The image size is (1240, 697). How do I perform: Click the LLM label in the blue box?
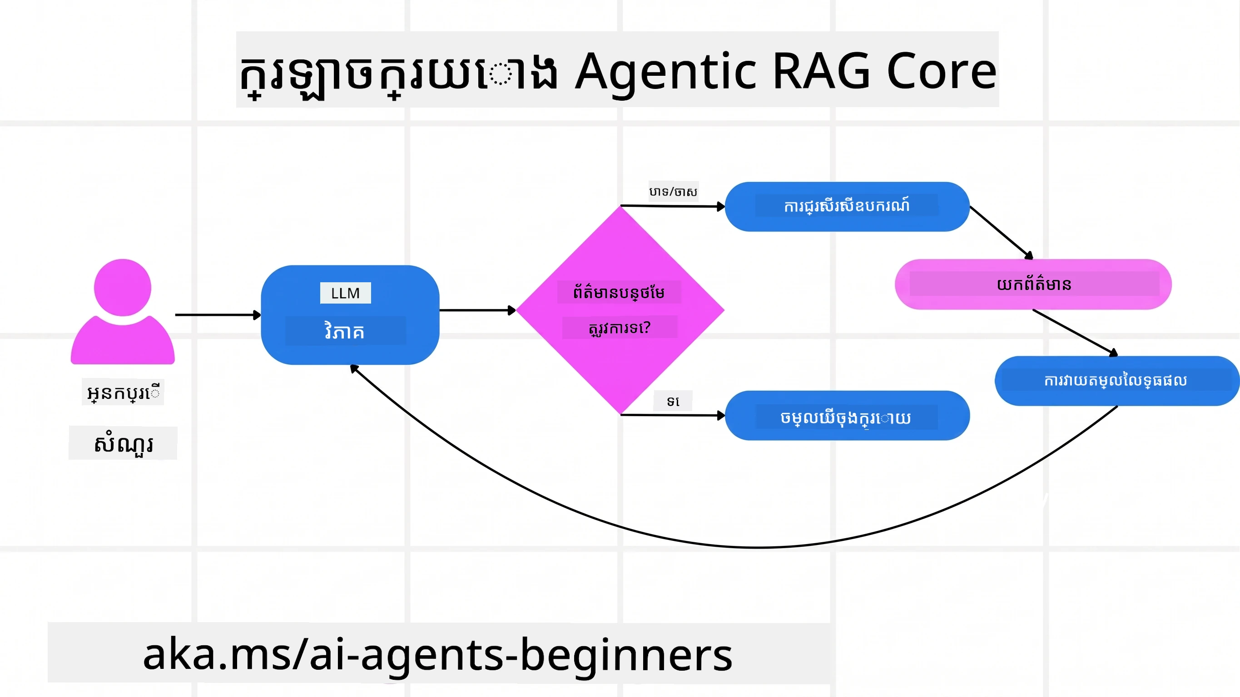click(x=345, y=293)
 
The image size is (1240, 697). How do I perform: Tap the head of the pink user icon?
click(x=122, y=287)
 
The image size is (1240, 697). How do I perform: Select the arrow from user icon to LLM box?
click(x=217, y=314)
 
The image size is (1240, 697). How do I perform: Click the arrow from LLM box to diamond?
click(x=476, y=310)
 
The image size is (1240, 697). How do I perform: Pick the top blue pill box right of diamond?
click(x=847, y=206)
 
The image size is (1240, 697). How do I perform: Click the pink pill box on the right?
click(x=1033, y=284)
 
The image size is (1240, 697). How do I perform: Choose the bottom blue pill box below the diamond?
click(x=847, y=416)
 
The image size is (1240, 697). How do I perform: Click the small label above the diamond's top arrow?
click(x=673, y=192)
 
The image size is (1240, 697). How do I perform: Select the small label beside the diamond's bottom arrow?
click(x=673, y=401)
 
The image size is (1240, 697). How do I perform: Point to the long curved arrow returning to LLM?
click(x=756, y=547)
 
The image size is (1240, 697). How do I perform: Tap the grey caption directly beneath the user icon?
click(x=123, y=393)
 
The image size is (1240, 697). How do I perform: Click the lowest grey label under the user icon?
click(x=123, y=443)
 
